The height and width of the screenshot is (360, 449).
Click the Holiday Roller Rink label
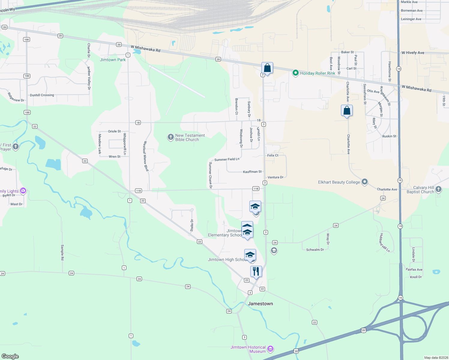point(318,73)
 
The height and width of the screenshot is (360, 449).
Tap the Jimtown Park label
point(113,60)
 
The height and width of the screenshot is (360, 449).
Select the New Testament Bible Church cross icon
point(170,137)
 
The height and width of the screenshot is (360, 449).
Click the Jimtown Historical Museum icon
point(270,349)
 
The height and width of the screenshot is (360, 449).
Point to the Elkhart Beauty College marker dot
point(365,182)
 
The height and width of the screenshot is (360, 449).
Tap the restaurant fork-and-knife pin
point(256,271)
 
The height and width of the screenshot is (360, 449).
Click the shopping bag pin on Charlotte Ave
point(347,111)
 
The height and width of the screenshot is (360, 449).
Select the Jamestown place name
point(261,304)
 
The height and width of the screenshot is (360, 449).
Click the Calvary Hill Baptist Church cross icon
point(438,189)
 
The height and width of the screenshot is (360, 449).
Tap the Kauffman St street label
point(252,172)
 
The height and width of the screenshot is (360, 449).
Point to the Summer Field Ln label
point(227,159)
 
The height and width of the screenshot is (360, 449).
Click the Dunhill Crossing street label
point(42,95)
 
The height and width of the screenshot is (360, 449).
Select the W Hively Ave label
point(413,52)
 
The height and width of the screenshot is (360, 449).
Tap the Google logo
point(10,356)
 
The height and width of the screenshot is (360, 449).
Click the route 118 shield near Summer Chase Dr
point(256,189)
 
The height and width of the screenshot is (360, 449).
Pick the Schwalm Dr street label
point(315,250)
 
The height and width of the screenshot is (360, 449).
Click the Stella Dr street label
point(192,225)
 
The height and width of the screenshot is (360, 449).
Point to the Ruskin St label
point(389,136)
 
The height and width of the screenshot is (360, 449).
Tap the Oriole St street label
point(114,131)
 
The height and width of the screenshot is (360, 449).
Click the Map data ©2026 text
point(436,358)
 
